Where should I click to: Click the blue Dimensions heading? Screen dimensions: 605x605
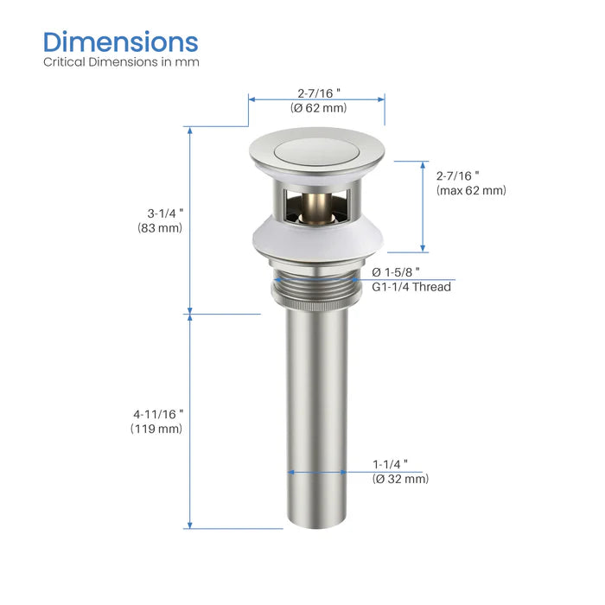point(121,41)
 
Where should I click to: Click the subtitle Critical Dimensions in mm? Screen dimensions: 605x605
point(121,62)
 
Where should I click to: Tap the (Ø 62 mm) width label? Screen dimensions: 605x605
point(317,108)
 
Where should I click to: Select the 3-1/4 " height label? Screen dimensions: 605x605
point(161,213)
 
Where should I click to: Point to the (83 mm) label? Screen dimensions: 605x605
point(160,228)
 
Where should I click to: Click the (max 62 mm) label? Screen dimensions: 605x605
point(471,190)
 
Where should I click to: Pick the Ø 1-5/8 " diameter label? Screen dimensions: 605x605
point(397,271)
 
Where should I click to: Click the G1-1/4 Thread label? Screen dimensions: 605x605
point(411,286)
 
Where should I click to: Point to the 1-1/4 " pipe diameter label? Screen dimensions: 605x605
point(391,464)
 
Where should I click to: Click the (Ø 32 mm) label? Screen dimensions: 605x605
point(400,479)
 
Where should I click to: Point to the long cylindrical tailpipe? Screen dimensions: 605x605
point(317,415)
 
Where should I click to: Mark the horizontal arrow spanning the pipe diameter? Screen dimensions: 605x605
point(317,472)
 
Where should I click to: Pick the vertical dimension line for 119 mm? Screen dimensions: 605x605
point(189,421)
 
